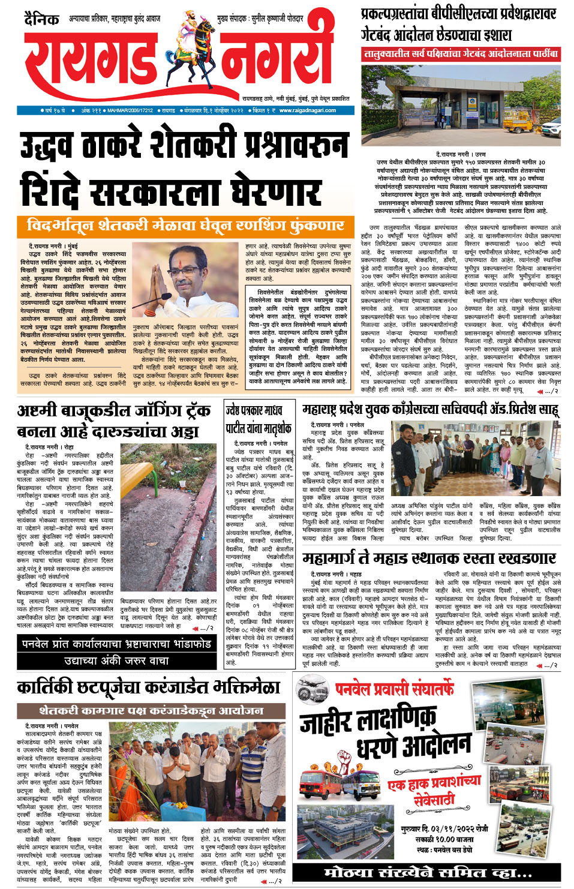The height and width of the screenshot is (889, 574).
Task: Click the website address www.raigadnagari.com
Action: coord(307,110)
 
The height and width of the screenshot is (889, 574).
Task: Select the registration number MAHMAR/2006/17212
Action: coord(130,110)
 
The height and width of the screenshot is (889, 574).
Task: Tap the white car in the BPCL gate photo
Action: coord(551,127)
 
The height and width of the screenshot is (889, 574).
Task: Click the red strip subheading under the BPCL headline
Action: coord(461,54)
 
